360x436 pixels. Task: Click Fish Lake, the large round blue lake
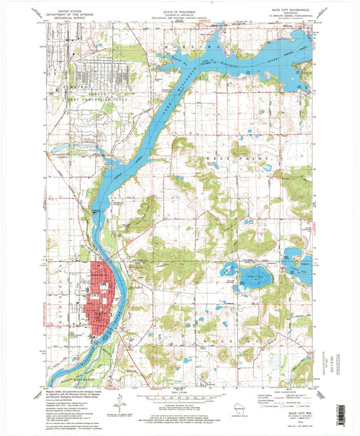click(254, 277)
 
